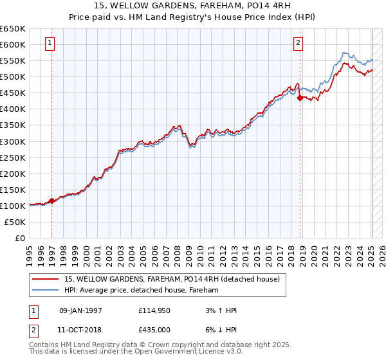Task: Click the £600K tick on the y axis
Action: click(x=14, y=44)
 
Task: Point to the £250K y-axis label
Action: click(x=14, y=157)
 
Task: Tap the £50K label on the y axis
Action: click(x=16, y=222)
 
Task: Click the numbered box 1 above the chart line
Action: click(x=50, y=44)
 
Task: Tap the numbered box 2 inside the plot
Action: click(x=299, y=44)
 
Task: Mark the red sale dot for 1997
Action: click(x=52, y=201)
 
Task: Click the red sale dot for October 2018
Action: click(x=300, y=98)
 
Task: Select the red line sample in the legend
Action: click(x=46, y=279)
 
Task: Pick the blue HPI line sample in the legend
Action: click(x=46, y=290)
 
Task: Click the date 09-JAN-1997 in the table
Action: click(x=80, y=310)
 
